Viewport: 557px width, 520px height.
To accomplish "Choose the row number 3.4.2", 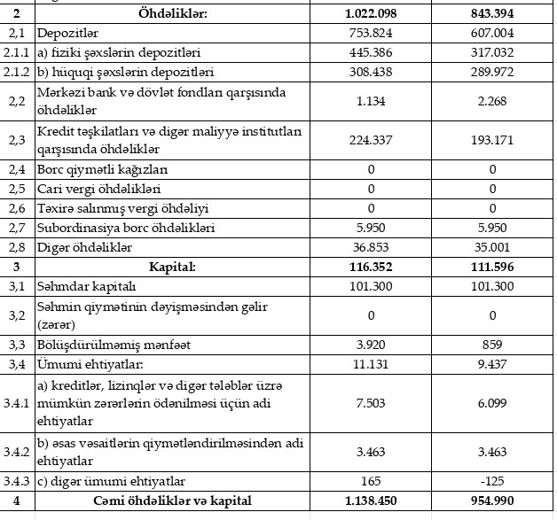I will point(17,451).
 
